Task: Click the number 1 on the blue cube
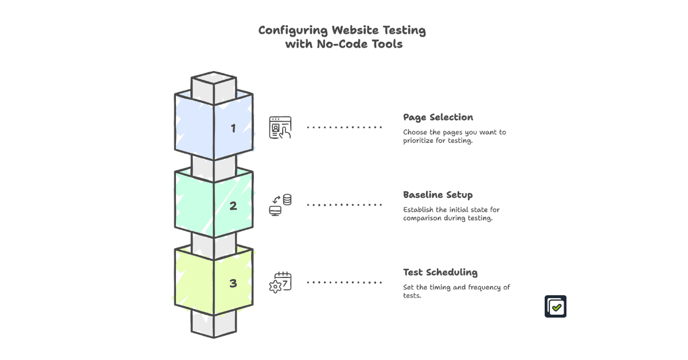(x=233, y=128)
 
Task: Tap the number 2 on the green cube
(x=233, y=206)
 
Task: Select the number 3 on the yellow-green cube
(x=233, y=283)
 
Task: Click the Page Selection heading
(x=438, y=118)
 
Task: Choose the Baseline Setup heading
(x=437, y=195)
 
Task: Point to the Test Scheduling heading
(x=440, y=272)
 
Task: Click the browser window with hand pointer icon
(x=280, y=127)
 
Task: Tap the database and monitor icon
(x=280, y=205)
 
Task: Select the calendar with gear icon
(x=280, y=283)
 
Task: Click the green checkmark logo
(x=555, y=307)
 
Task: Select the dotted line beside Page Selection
(x=345, y=127)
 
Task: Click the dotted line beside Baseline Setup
(x=345, y=205)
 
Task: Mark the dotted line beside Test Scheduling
(x=345, y=282)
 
